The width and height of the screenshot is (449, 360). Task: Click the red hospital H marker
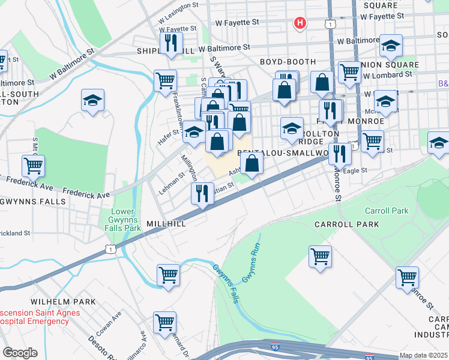pos(300,23)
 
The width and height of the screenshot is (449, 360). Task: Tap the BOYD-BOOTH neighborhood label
pos(288,62)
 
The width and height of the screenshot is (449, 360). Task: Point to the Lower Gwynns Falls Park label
pos(126,220)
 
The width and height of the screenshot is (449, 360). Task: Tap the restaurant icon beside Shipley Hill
pos(171,43)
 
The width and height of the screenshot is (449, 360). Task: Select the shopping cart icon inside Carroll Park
pos(320,256)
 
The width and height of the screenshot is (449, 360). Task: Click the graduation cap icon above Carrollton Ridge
pos(292,128)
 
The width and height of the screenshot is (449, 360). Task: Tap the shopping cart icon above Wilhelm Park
pos(169,275)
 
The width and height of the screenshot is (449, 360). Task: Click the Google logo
pos(19,353)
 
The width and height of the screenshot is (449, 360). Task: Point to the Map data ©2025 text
pos(423,355)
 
